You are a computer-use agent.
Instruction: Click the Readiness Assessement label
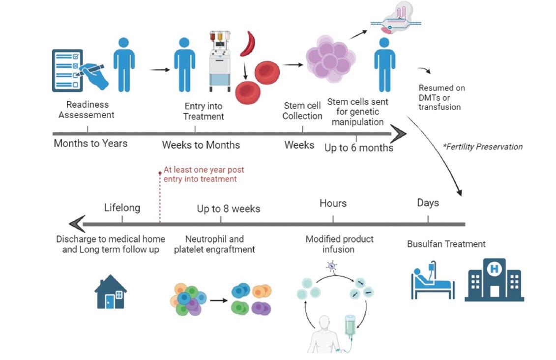point(87,110)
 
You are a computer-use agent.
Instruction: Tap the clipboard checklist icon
point(68,70)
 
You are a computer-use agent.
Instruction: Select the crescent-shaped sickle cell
point(248,44)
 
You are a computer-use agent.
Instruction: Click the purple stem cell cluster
point(330,59)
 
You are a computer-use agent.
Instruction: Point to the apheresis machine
point(220,60)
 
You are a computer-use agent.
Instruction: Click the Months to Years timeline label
point(90,143)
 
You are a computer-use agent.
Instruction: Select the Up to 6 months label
point(359,148)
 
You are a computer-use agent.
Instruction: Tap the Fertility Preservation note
point(483,147)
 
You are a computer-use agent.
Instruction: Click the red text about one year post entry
point(204,175)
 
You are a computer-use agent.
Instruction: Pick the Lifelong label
point(122,208)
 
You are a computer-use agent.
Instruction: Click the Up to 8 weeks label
point(229,209)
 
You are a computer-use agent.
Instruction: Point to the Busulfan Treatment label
point(446,244)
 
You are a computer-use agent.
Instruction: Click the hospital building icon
point(494,280)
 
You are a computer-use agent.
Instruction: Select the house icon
point(111,291)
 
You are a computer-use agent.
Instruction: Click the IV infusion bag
point(350,325)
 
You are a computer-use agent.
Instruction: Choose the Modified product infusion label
point(339,244)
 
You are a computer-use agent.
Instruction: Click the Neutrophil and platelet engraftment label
point(214,244)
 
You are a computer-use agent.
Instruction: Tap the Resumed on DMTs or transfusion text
point(441,97)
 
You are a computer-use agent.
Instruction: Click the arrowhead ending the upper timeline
point(399,134)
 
